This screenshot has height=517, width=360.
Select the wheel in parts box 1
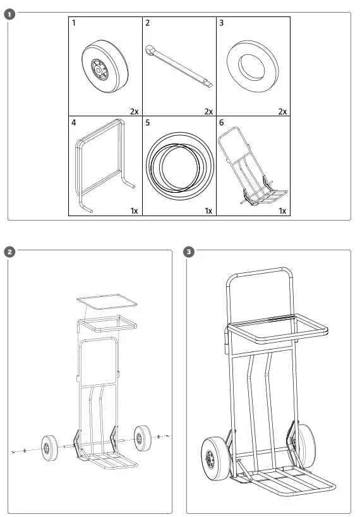pyautogui.click(x=105, y=66)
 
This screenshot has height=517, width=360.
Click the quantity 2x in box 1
pyautogui.click(x=134, y=111)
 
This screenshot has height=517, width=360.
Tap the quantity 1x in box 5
pyautogui.click(x=208, y=210)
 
